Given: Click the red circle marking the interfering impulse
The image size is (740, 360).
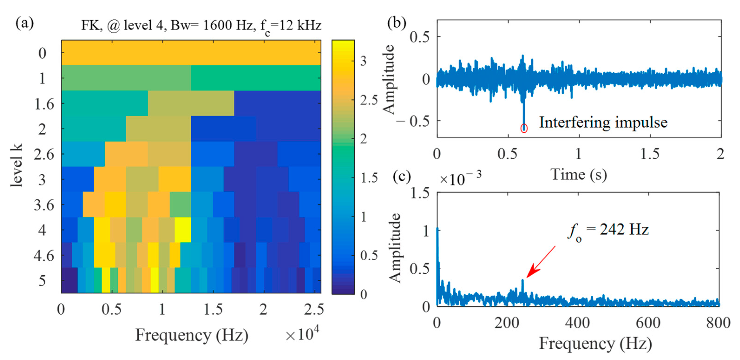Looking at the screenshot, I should [524, 128].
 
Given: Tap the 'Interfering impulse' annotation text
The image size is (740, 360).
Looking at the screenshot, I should [603, 122].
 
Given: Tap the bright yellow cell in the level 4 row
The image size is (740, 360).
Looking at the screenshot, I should [183, 230].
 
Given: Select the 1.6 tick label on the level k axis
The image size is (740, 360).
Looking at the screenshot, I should [44, 104].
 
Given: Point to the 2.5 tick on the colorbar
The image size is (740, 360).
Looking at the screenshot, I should [369, 100].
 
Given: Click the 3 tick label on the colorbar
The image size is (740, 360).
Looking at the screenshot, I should [363, 61].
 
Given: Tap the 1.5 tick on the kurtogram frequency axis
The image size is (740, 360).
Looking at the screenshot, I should [213, 309].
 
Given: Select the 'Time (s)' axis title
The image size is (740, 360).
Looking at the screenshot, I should [578, 175].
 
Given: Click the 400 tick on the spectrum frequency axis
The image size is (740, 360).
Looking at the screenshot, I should [577, 323].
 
